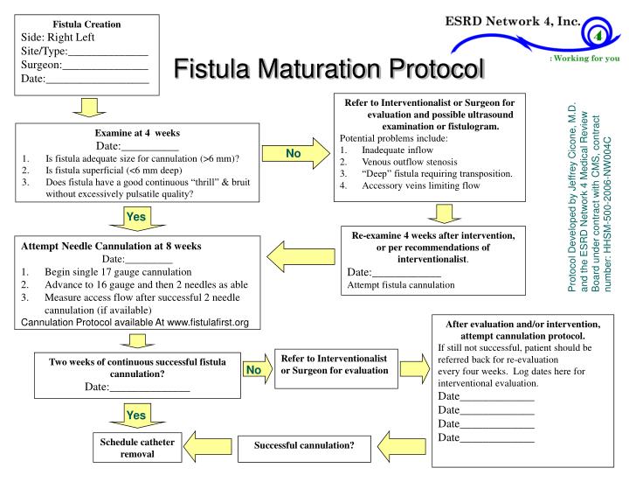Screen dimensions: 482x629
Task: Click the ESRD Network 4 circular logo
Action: pyautogui.click(x=593, y=35)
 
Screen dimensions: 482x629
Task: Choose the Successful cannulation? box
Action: pyautogui.click(x=304, y=446)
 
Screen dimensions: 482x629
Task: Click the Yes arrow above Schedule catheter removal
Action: pyautogui.click(x=135, y=415)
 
